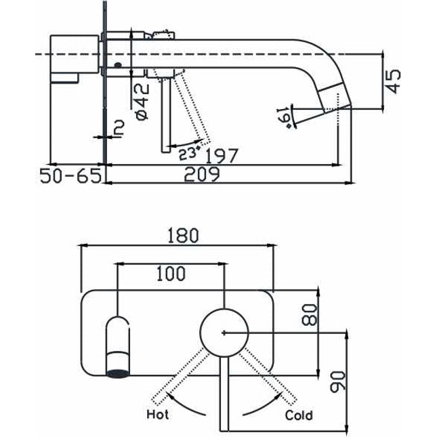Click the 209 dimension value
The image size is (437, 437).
click(x=201, y=175)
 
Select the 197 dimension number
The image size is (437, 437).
click(x=222, y=155)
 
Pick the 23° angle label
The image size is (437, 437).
click(x=189, y=152)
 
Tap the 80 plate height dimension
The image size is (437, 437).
click(x=311, y=314)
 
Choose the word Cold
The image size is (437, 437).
click(x=299, y=414)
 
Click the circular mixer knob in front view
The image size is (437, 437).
click(x=224, y=332)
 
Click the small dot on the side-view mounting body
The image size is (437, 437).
click(x=118, y=66)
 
